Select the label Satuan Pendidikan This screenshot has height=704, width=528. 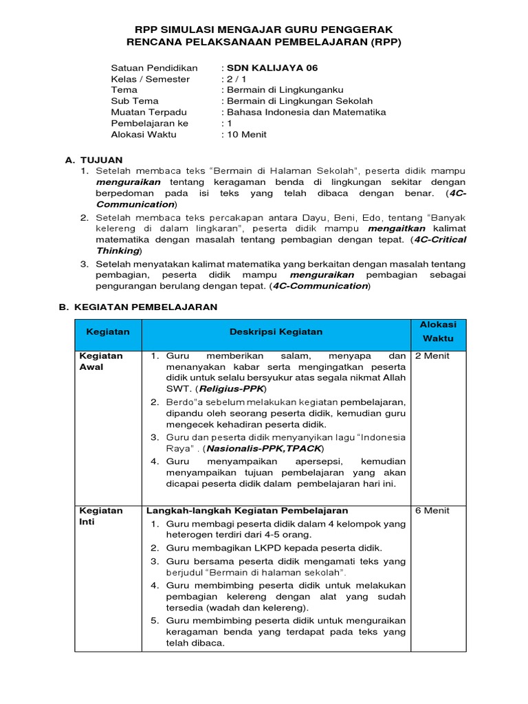point(154,68)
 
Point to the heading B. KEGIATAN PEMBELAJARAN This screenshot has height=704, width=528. point(138,307)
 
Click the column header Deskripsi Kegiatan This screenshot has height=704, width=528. point(275,331)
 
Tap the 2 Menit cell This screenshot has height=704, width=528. point(432,356)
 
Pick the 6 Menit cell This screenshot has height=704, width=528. point(432,511)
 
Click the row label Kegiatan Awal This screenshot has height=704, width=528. point(101,362)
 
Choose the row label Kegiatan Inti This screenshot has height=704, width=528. point(101,516)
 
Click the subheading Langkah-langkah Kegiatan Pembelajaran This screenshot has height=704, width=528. point(247,511)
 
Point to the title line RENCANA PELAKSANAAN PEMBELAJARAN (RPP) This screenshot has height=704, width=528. point(264,41)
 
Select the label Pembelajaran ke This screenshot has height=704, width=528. point(149,123)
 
